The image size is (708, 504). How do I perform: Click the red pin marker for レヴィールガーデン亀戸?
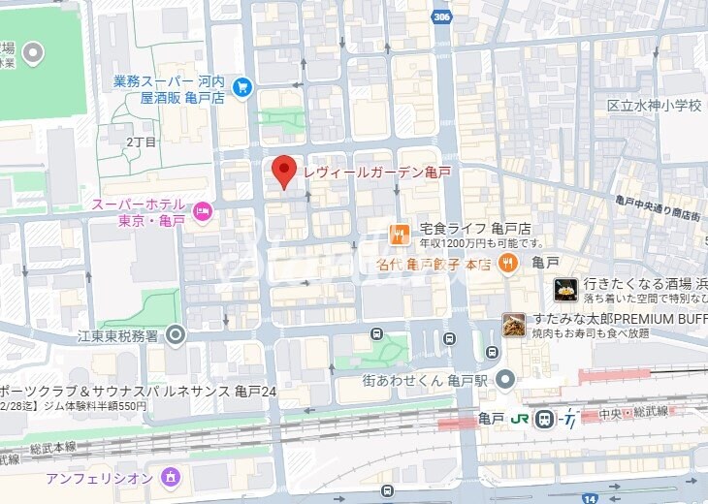283,171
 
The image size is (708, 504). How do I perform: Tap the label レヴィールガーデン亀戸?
376,173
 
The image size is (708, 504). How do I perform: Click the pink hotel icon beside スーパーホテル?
203,210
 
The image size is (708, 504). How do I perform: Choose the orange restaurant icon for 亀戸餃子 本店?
507,263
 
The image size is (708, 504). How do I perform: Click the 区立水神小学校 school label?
654,106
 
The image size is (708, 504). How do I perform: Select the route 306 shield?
443,16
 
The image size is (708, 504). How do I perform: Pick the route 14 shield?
593,496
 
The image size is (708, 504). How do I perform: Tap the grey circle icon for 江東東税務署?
176,335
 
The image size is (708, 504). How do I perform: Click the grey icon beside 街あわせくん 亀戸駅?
504,379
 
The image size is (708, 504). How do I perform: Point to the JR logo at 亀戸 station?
521,419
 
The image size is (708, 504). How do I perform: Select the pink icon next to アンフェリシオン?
171,477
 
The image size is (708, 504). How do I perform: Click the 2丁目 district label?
141,142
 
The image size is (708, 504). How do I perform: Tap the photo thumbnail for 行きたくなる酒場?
566,289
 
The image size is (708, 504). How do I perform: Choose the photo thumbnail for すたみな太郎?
514,325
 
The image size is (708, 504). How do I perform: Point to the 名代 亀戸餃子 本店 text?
434,264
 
